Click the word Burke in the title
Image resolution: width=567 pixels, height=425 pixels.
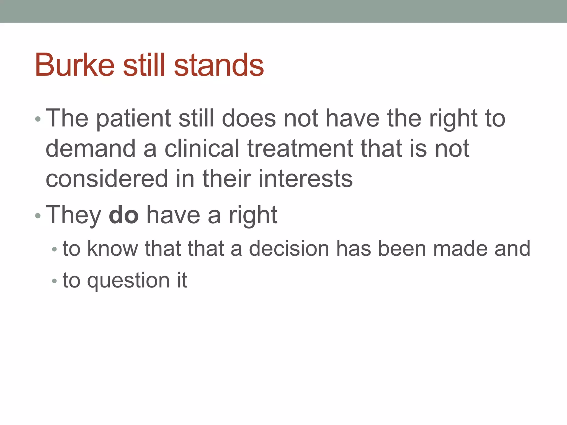tap(75, 65)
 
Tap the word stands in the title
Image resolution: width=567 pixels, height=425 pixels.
tap(219, 65)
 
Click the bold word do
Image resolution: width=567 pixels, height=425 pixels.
tap(123, 215)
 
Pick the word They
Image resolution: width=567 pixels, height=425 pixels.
tap(73, 215)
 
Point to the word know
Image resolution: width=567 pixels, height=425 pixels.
tap(112, 248)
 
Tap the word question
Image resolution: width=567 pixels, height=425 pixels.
tap(128, 281)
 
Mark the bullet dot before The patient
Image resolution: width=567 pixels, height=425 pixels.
tap(38, 120)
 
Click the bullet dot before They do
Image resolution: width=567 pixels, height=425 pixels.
tap(38, 216)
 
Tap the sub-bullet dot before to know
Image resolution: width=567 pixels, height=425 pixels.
tap(54, 249)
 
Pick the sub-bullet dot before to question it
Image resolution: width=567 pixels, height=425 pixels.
tap(54, 281)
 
